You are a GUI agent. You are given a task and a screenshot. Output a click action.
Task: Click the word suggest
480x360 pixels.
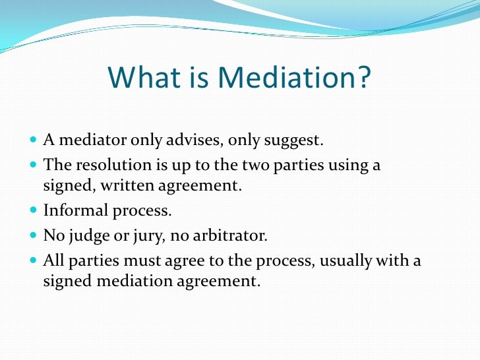point(296,140)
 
